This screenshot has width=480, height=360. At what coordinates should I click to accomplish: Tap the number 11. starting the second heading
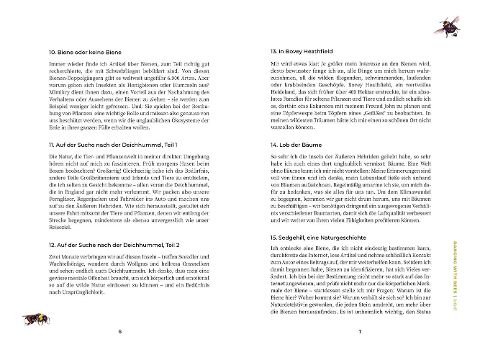(37, 146)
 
